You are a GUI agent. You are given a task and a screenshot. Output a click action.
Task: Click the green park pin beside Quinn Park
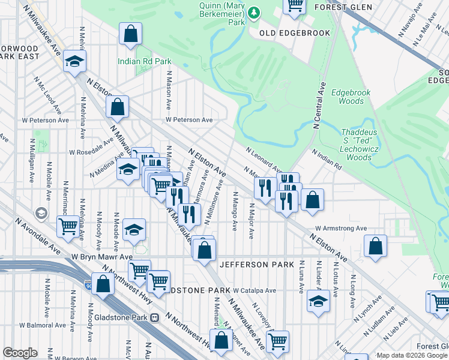point(254,13)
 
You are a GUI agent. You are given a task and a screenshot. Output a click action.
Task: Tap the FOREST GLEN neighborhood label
point(342,7)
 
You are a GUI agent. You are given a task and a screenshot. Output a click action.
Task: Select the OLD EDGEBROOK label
point(295,33)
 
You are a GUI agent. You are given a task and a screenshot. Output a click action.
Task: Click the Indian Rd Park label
point(144,61)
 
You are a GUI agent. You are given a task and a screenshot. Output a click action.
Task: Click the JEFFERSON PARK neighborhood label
point(257,265)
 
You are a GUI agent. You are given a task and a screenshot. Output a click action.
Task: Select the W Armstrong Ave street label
point(340,229)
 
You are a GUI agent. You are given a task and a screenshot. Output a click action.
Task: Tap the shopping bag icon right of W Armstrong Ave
point(375,246)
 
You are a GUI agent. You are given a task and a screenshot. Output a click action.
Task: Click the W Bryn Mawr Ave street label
point(101,256)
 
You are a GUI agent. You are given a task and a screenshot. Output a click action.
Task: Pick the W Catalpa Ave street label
point(255,290)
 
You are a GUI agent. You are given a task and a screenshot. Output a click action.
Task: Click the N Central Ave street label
point(318,105)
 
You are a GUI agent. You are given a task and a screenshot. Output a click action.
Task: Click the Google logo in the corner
point(20,353)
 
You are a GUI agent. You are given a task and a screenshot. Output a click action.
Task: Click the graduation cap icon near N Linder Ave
point(318,301)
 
